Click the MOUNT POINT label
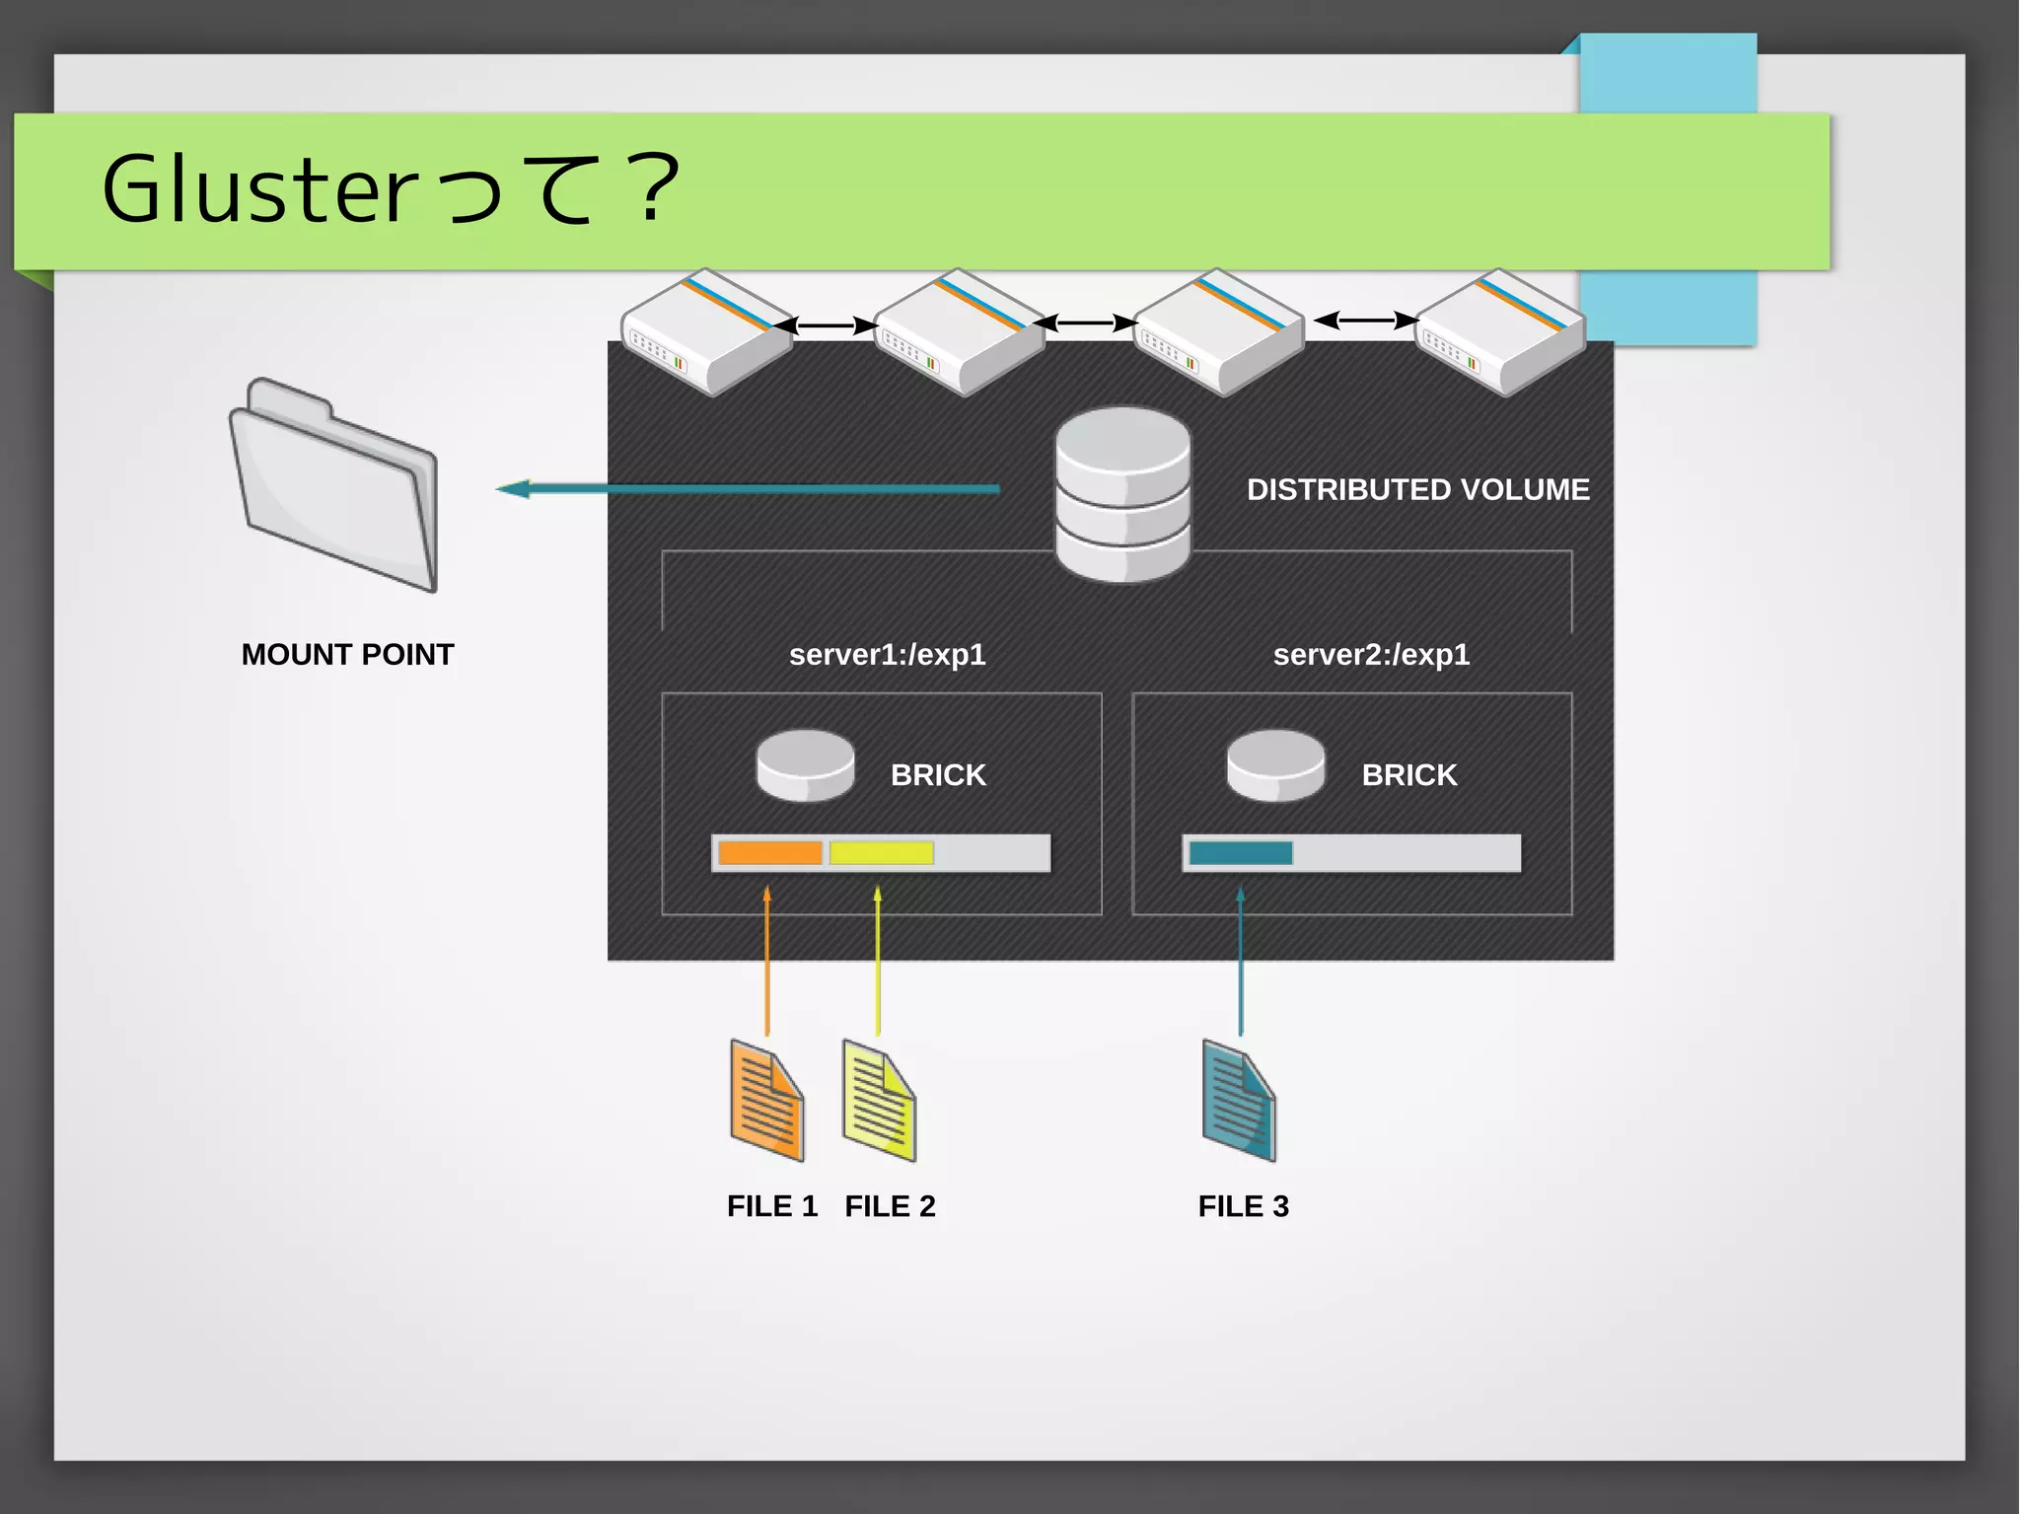pos(347,655)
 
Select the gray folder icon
pos(334,485)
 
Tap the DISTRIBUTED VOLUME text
pos(1417,490)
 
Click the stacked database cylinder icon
pos(1122,494)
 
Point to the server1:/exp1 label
pos(887,655)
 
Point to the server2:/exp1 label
pos(1371,655)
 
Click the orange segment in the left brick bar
pos(770,853)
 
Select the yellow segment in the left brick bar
pos(881,853)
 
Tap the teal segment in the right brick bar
pos(1241,853)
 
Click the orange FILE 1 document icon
pos(767,1101)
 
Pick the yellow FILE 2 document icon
pos(879,1101)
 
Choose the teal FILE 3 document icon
pos(1239,1101)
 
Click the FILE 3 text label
pos(1243,1206)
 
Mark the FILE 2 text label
pos(890,1206)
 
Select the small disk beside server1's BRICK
pos(805,765)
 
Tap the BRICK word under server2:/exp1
pos(1408,775)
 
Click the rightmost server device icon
pos(1499,331)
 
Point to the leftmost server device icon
pos(706,331)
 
